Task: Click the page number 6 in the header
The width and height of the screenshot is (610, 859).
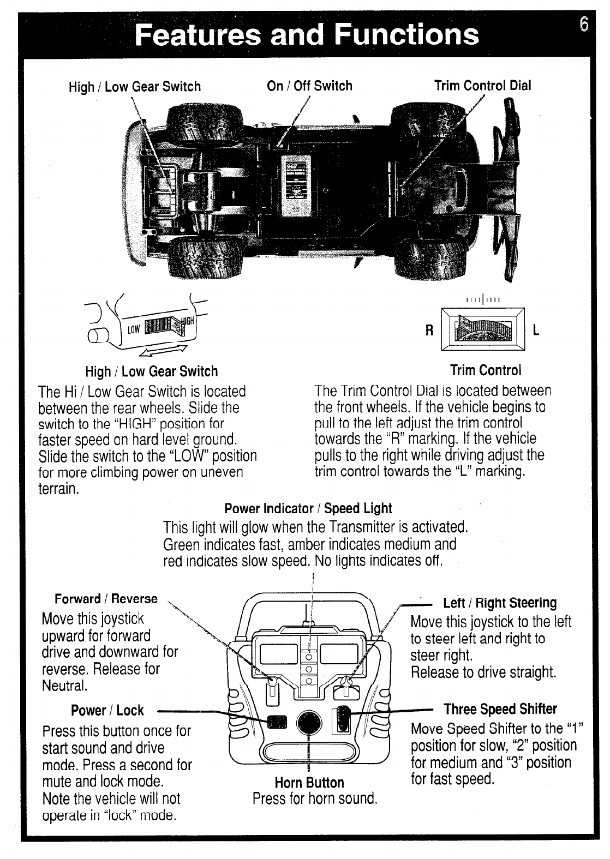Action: coord(584,25)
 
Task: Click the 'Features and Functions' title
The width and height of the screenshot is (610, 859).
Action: coord(306,34)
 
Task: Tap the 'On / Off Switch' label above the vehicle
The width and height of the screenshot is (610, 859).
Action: coord(309,86)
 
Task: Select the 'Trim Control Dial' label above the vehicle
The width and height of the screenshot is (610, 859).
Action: coord(482,86)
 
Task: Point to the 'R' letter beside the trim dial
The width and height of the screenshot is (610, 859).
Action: coord(429,331)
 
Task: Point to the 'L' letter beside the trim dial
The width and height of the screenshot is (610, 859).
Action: coord(536,331)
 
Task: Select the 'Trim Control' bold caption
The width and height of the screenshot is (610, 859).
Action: coord(486,370)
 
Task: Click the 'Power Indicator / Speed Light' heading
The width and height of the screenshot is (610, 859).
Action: coord(308,508)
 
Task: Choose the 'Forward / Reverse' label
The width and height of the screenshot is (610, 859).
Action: coord(106,599)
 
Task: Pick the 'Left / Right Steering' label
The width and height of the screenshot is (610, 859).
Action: coord(500,603)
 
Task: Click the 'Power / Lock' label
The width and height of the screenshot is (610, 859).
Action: coord(107,710)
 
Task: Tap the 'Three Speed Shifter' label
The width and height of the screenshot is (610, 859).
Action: coord(500,709)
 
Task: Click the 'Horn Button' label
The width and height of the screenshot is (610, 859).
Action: coord(309,783)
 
